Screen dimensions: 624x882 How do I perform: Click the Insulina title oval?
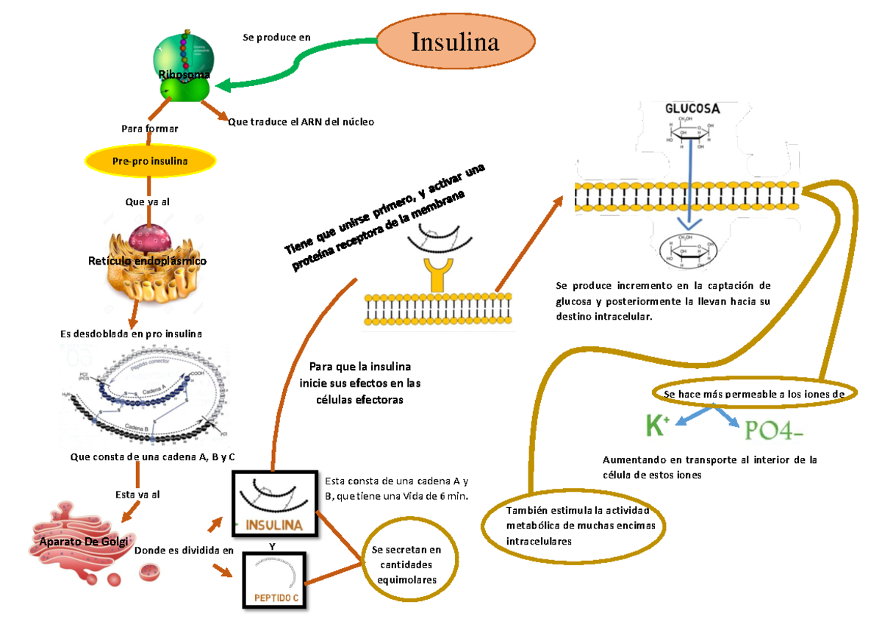coord(456,42)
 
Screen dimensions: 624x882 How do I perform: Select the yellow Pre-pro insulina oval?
coord(150,161)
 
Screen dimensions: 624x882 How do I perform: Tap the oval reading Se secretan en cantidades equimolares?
coord(406,564)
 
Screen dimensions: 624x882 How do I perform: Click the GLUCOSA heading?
coord(692,108)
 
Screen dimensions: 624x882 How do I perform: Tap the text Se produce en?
coord(276,37)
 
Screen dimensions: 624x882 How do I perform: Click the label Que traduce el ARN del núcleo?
coord(301,122)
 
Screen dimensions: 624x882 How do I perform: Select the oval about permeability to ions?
coord(754,394)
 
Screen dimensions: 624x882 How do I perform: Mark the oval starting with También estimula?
coord(574,526)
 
